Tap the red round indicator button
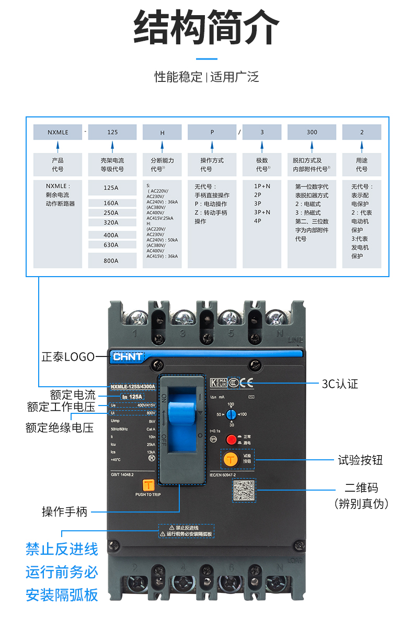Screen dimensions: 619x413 231,439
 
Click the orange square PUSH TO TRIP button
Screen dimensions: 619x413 148,484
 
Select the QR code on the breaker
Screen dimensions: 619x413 244,491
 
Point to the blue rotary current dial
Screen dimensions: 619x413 231,414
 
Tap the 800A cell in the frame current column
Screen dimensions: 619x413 111,260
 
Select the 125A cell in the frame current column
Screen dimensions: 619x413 111,187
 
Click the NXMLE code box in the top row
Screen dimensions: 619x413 58,132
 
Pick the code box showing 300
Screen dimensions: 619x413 312,132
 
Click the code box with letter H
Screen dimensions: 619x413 162,133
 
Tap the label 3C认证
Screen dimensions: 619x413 340,384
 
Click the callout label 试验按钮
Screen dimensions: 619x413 360,460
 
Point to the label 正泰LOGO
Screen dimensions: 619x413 68,357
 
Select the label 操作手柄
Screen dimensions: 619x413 64,511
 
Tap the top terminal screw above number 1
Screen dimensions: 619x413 137,317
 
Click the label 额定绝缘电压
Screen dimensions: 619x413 60,427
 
